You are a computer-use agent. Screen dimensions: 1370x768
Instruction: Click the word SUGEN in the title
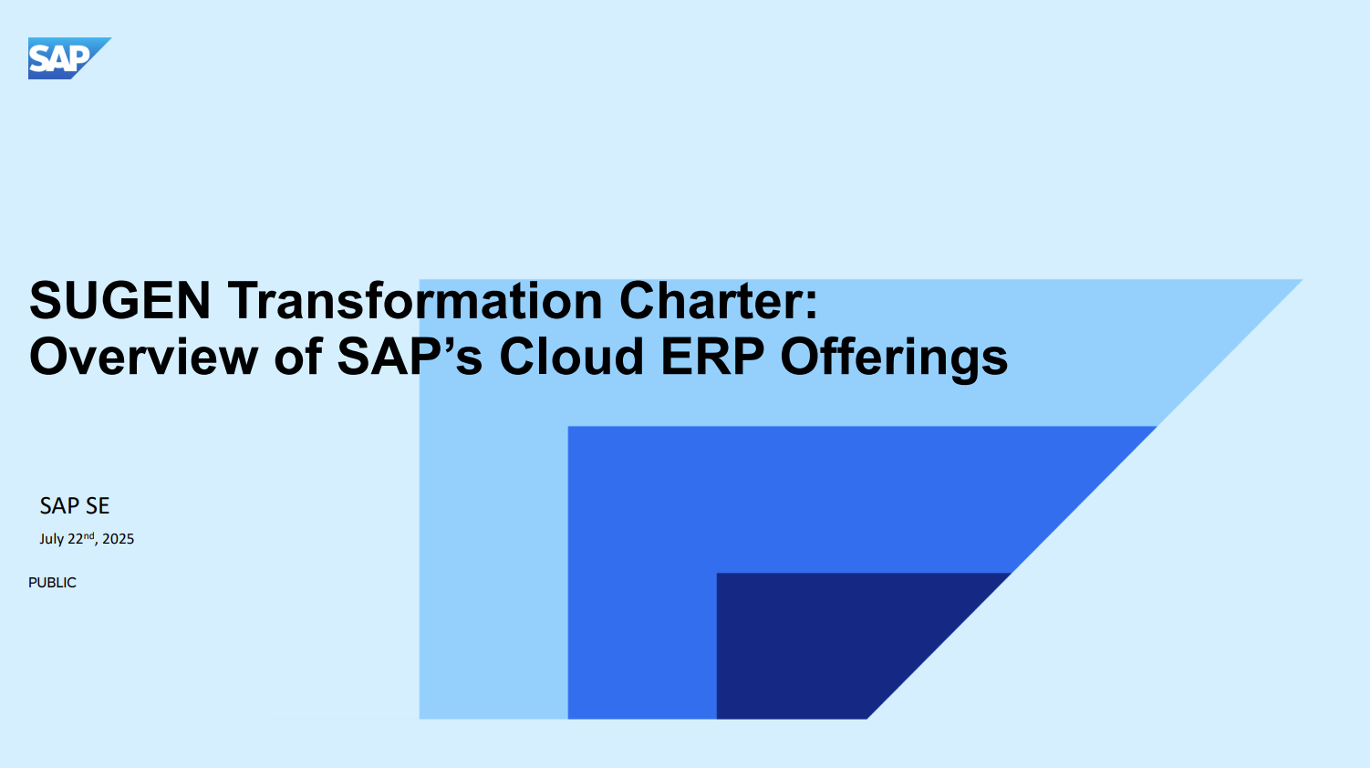tap(120, 300)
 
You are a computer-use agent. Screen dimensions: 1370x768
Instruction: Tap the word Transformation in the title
tap(415, 300)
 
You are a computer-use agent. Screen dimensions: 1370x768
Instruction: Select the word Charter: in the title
tap(718, 300)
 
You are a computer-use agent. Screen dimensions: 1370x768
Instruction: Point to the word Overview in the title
tap(143, 357)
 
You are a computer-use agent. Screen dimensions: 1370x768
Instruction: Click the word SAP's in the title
tap(410, 357)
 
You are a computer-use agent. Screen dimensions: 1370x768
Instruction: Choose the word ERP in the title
tap(712, 357)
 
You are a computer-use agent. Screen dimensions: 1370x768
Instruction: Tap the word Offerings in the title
tap(894, 359)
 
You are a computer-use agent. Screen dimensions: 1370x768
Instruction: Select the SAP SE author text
tap(75, 505)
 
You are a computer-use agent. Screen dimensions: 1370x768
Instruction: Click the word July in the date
tap(52, 539)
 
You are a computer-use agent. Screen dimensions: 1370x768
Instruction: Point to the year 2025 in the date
tap(118, 539)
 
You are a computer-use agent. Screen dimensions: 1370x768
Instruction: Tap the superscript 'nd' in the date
tap(88, 535)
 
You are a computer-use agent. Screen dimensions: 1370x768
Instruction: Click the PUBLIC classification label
tap(52, 583)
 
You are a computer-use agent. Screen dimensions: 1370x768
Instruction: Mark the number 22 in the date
tap(75, 539)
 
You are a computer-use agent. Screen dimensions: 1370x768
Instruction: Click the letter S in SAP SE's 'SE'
tap(91, 505)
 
